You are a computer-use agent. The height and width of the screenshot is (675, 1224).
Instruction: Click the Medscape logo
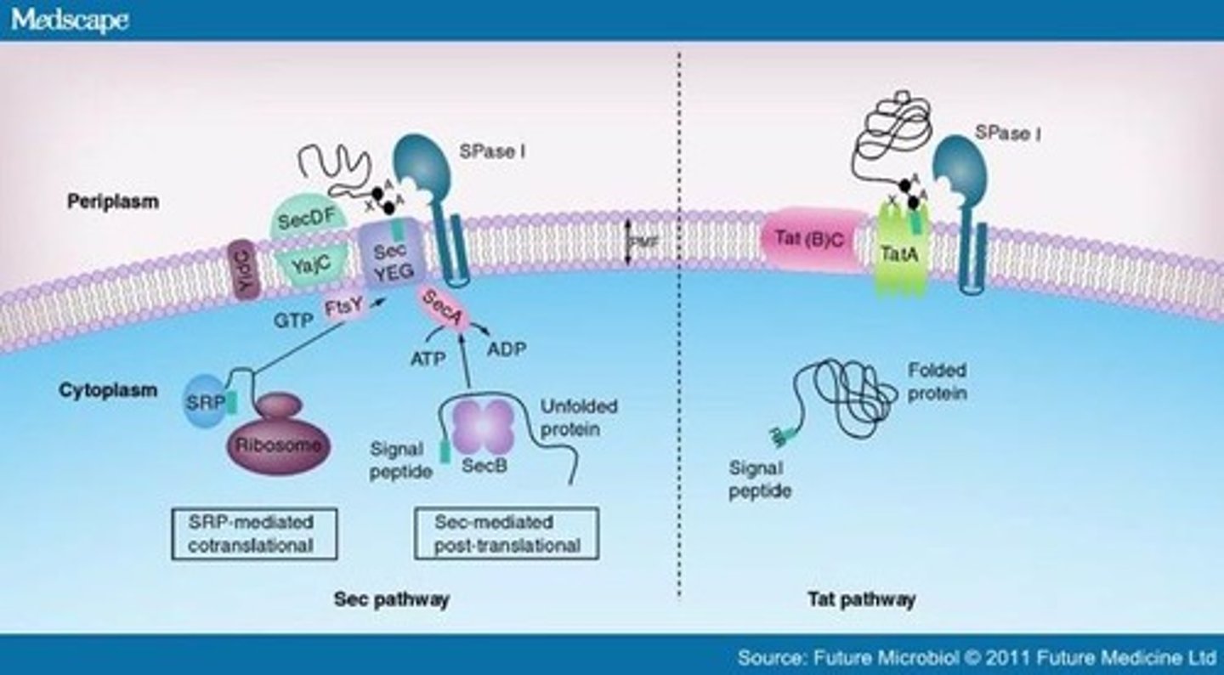pos(70,20)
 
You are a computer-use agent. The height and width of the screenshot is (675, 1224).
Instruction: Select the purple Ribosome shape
pos(279,439)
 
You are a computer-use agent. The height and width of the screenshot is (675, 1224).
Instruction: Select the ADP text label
pos(507,348)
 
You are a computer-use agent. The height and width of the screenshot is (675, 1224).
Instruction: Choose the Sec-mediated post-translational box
pos(507,533)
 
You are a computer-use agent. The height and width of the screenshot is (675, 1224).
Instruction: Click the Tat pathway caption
pos(861,599)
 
